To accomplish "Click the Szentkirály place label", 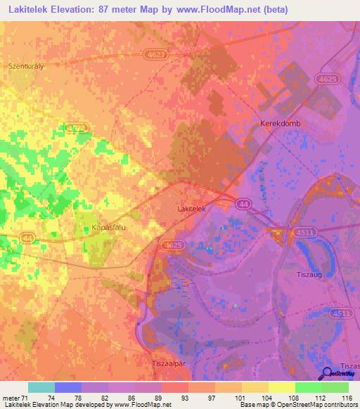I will (26, 66).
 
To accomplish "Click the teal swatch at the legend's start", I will (41, 387).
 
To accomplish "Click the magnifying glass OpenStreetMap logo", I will (328, 374).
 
